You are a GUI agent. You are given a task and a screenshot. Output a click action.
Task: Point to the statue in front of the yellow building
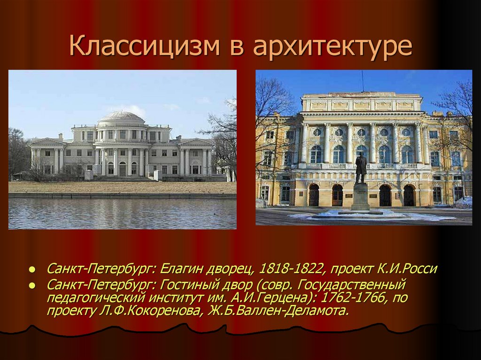point(361,168)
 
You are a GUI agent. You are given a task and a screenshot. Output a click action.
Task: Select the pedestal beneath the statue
point(361,197)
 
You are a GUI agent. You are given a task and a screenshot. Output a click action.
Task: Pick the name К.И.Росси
point(406,269)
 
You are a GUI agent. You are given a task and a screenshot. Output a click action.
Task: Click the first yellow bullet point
point(31,270)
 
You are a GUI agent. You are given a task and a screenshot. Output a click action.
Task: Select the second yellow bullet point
point(31,286)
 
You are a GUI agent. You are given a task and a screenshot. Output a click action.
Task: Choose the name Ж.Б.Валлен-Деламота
point(279,311)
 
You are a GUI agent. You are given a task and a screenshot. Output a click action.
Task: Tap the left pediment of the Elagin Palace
point(47,141)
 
